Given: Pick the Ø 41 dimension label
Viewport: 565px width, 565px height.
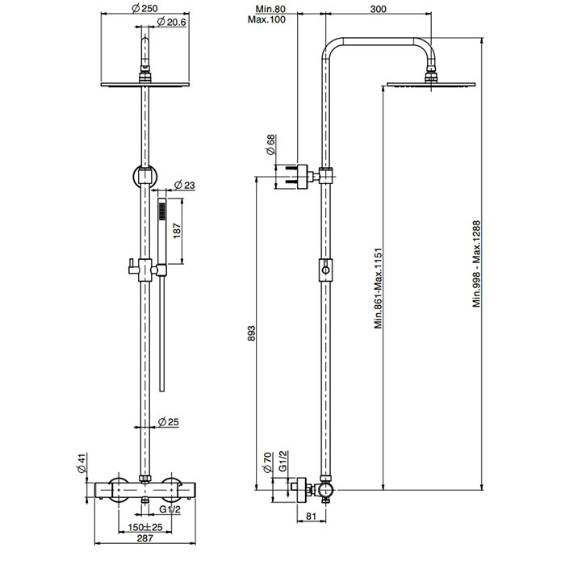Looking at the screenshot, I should (82, 463).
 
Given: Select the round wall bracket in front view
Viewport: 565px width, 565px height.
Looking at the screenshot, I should (144, 173).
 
